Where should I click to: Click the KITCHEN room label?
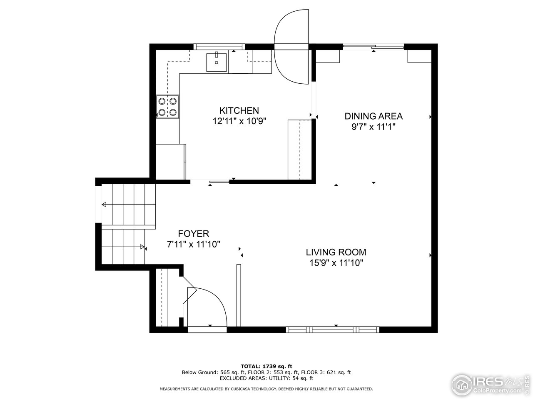[x=239, y=110]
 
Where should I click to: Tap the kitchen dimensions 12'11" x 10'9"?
[x=239, y=121]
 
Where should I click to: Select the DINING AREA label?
[x=374, y=116]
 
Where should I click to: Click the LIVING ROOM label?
[x=336, y=252]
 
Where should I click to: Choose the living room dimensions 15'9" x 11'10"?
[x=336, y=263]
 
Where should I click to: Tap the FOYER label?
[x=193, y=234]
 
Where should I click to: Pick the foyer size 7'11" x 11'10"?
[x=193, y=245]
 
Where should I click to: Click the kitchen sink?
[x=217, y=62]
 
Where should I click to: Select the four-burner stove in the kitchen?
[x=167, y=107]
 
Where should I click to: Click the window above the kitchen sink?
[x=220, y=46]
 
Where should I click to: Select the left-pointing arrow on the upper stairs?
[x=104, y=205]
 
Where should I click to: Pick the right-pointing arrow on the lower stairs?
[x=142, y=247]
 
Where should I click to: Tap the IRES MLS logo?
[x=487, y=382]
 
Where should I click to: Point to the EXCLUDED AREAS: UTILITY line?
[x=266, y=378]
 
